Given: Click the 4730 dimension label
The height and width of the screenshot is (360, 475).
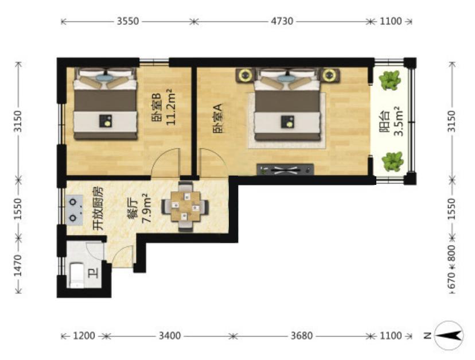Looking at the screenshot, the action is coord(282,21).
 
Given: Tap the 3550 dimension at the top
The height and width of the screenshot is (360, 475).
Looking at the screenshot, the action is coord(128,21).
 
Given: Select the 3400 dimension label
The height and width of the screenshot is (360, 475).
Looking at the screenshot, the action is coord(170,336).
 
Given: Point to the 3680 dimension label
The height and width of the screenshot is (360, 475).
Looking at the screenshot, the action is coord(301,336).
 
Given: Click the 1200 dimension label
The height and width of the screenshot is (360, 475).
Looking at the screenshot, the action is coord(84,336).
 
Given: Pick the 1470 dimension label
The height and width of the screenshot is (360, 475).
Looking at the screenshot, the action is coord(18,265).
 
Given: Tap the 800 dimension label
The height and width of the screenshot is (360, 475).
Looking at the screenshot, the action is coord(451,253).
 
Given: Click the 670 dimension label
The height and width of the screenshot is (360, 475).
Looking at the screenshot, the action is coord(451,280).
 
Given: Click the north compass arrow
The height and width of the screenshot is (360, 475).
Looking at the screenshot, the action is coord(449,336).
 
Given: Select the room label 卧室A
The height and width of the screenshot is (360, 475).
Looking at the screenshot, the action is coord(218,119).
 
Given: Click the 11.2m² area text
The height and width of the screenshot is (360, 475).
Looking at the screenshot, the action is coord(172,107).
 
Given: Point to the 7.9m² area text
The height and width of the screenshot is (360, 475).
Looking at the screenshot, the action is coord(147,208).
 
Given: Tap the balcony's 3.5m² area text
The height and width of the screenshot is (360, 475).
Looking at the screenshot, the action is coord(399,121).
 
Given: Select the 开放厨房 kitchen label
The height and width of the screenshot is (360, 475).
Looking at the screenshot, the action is coord(98,208).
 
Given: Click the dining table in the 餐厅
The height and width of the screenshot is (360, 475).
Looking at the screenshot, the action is coord(185,207).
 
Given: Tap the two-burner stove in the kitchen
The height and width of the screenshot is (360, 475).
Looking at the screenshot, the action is coord(75,210).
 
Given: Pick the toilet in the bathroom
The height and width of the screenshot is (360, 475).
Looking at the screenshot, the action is coord(77,276).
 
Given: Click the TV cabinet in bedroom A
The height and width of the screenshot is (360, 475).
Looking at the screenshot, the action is coord(285,170).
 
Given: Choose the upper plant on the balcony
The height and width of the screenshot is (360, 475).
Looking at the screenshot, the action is coord(390,80).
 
